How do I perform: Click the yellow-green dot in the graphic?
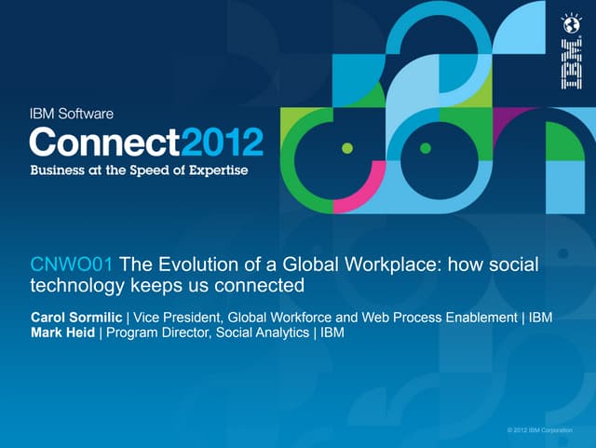347,147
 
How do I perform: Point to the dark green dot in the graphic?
425,147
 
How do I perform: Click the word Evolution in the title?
196,265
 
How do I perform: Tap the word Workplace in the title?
374,265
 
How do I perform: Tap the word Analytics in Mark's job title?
271,333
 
